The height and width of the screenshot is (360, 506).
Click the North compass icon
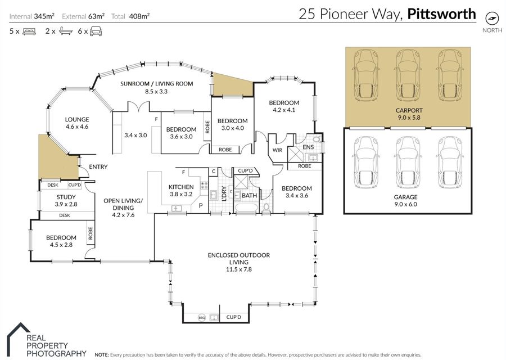(x=492, y=18)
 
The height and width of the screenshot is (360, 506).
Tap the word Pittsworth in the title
(x=441, y=14)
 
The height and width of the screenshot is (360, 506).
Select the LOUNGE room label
(x=77, y=119)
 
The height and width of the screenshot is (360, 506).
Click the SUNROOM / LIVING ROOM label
(x=156, y=84)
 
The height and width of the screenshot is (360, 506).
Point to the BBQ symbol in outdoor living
(x=202, y=318)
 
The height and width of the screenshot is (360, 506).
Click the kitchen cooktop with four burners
(x=204, y=185)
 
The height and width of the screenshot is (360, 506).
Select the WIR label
(x=277, y=150)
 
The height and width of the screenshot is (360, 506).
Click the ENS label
(x=308, y=147)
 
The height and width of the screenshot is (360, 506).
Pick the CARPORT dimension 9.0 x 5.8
(x=409, y=118)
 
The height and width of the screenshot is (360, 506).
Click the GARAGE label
(x=405, y=197)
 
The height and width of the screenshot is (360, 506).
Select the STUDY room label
(x=66, y=197)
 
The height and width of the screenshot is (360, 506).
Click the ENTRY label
(x=98, y=166)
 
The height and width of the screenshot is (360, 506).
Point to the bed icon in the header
(x=29, y=31)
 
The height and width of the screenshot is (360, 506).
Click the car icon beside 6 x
(x=96, y=31)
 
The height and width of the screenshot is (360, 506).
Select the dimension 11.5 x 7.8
(x=239, y=269)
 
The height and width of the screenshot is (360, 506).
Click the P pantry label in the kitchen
(x=200, y=205)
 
